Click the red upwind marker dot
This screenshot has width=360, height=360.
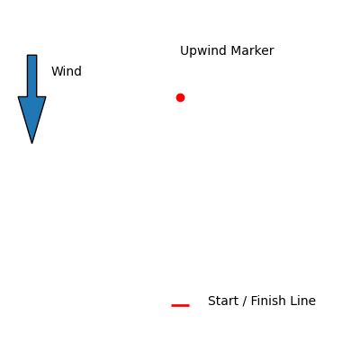(x=180, y=97)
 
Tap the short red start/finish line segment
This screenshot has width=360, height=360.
(x=180, y=305)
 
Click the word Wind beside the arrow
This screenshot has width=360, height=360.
(x=67, y=71)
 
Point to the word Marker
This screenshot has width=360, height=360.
(x=253, y=50)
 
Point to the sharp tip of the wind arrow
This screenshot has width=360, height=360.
(x=32, y=143)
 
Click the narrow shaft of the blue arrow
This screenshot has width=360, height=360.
(x=32, y=76)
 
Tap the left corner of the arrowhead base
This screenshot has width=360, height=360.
(x=18, y=97)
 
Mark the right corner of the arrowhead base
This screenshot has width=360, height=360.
(x=46, y=97)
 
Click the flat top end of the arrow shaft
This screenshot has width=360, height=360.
(x=32, y=55)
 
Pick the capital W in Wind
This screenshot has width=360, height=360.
(x=57, y=71)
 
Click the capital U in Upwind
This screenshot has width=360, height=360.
(x=184, y=50)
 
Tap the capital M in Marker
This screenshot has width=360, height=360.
(x=236, y=50)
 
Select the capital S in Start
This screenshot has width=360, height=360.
(x=211, y=301)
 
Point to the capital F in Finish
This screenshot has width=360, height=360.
(x=254, y=301)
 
